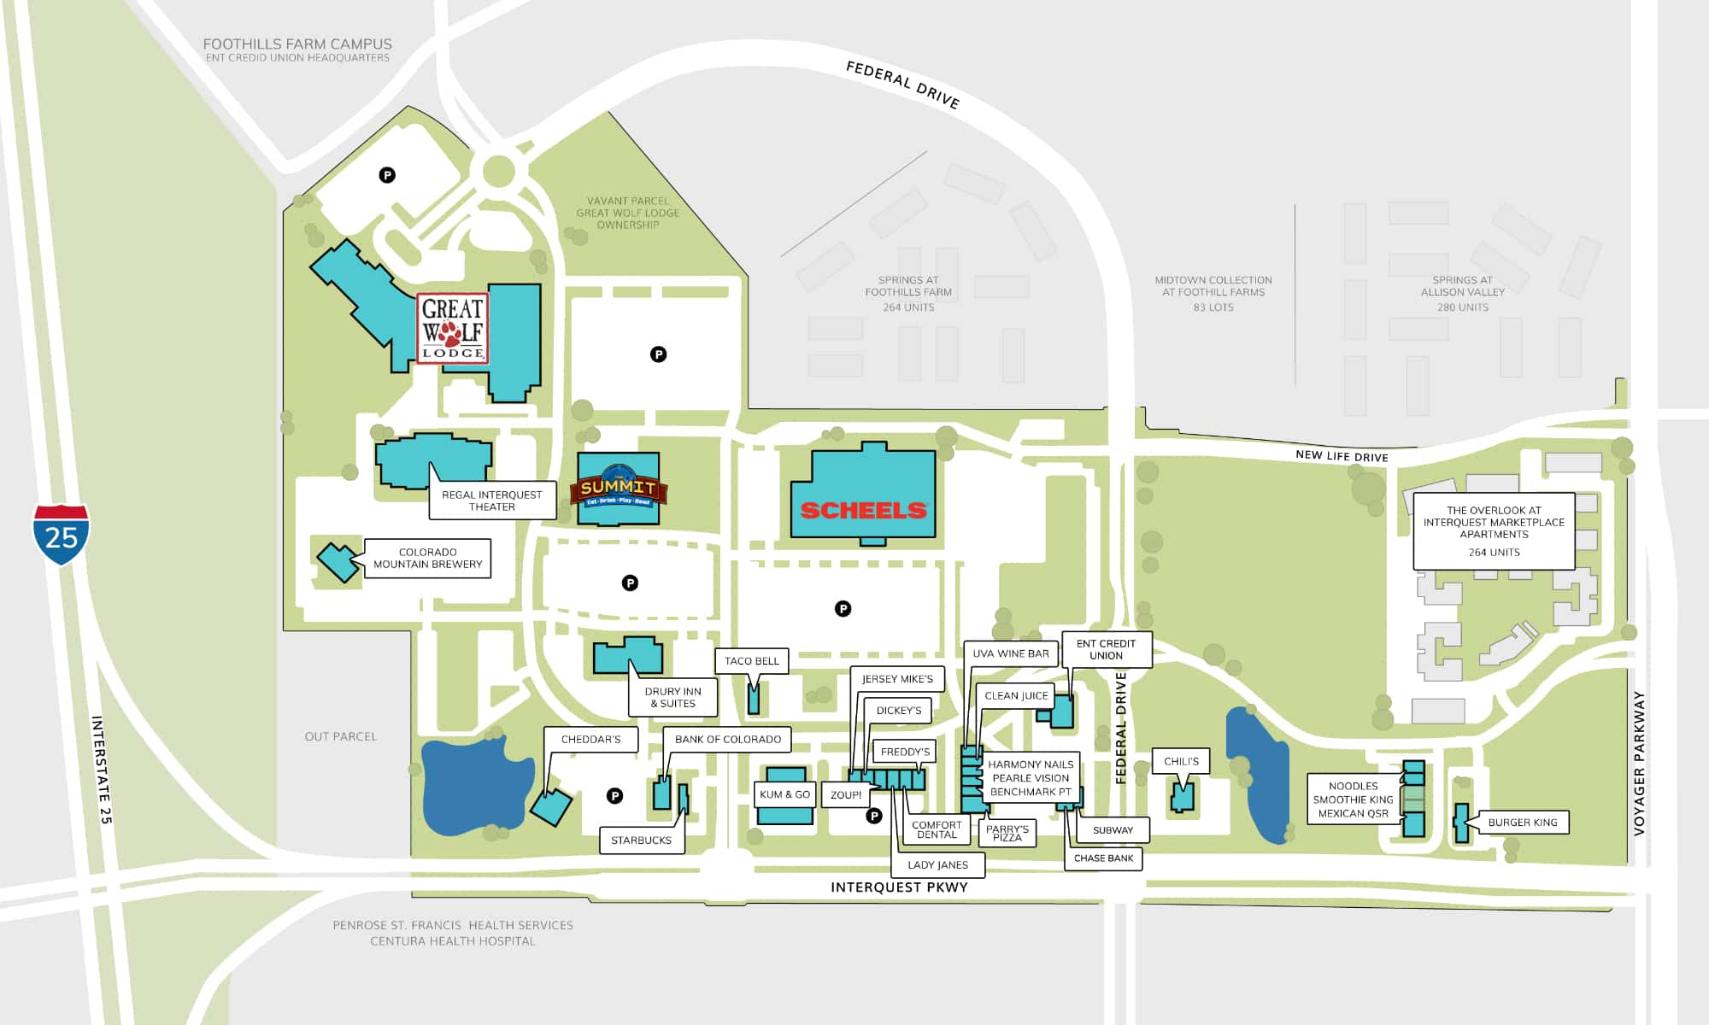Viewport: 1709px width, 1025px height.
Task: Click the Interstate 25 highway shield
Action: point(61,535)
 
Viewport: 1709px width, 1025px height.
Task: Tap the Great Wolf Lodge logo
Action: point(453,329)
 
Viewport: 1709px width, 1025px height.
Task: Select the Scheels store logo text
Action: point(863,511)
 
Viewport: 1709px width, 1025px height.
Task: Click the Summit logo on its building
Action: point(618,487)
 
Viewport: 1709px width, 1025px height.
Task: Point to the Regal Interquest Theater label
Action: point(492,501)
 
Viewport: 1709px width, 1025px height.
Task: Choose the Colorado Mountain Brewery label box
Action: point(427,558)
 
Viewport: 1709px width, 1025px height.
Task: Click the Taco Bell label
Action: point(752,660)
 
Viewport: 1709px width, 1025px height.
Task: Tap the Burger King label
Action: point(1523,823)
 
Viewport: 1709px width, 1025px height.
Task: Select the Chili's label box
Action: point(1181,761)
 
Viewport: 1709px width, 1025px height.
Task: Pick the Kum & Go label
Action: point(784,794)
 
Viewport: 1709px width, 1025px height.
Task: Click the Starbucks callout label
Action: point(641,840)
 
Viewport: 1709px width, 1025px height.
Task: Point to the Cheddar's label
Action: point(591,739)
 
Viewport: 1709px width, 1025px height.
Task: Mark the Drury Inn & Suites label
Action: point(673,697)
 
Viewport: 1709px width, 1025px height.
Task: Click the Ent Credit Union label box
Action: point(1107,649)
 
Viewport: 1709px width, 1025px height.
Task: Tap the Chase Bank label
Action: point(1103,858)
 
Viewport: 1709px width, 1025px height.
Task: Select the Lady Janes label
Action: point(938,864)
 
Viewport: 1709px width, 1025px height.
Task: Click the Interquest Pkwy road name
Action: point(899,887)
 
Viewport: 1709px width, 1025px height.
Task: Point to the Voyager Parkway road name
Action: point(1639,763)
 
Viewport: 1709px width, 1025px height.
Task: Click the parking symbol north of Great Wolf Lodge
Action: point(387,175)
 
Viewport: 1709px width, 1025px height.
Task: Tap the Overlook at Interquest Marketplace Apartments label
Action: point(1494,531)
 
